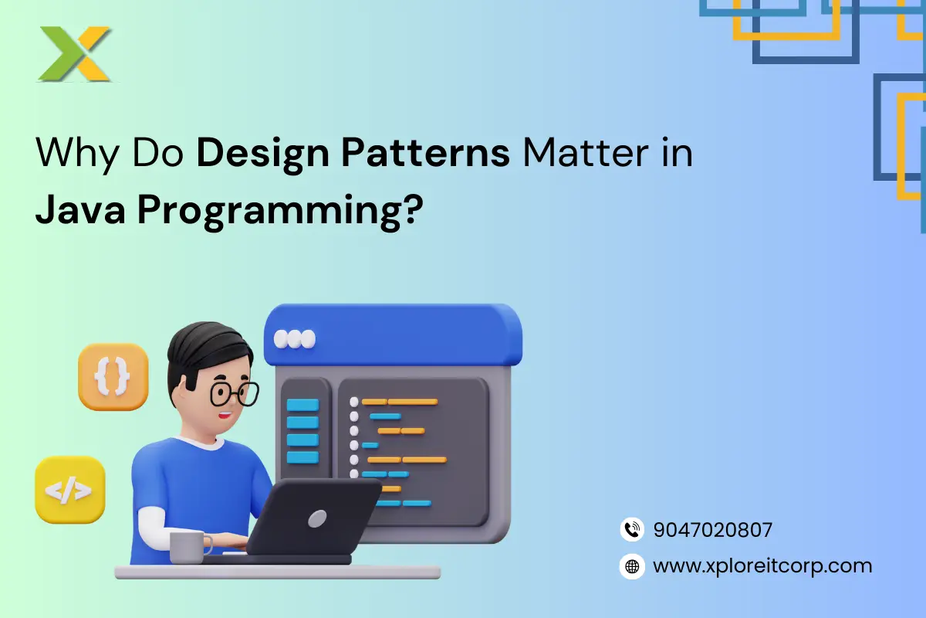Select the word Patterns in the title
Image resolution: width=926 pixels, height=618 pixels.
click(x=425, y=152)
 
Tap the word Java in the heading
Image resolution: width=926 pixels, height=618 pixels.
click(x=80, y=209)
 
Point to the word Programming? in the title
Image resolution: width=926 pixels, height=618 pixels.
click(x=280, y=212)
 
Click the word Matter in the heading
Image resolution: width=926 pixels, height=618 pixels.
click(x=586, y=152)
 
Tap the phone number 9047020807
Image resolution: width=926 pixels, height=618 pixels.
click(x=713, y=530)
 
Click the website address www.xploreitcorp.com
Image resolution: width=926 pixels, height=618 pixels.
click(x=762, y=566)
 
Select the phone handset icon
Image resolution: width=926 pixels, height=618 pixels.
click(x=632, y=529)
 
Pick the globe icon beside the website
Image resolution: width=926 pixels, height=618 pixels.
click(x=632, y=566)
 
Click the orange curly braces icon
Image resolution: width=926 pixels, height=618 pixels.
click(x=113, y=377)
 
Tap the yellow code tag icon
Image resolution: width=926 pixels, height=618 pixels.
click(x=70, y=490)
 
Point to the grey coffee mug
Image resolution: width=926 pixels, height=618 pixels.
click(x=189, y=547)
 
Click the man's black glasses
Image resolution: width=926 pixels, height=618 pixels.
click(x=235, y=394)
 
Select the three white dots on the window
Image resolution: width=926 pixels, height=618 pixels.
click(x=294, y=339)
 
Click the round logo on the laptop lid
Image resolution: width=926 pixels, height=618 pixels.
click(x=317, y=518)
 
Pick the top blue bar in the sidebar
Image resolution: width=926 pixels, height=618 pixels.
click(x=302, y=405)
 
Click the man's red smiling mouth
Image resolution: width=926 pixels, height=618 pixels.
click(x=225, y=414)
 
